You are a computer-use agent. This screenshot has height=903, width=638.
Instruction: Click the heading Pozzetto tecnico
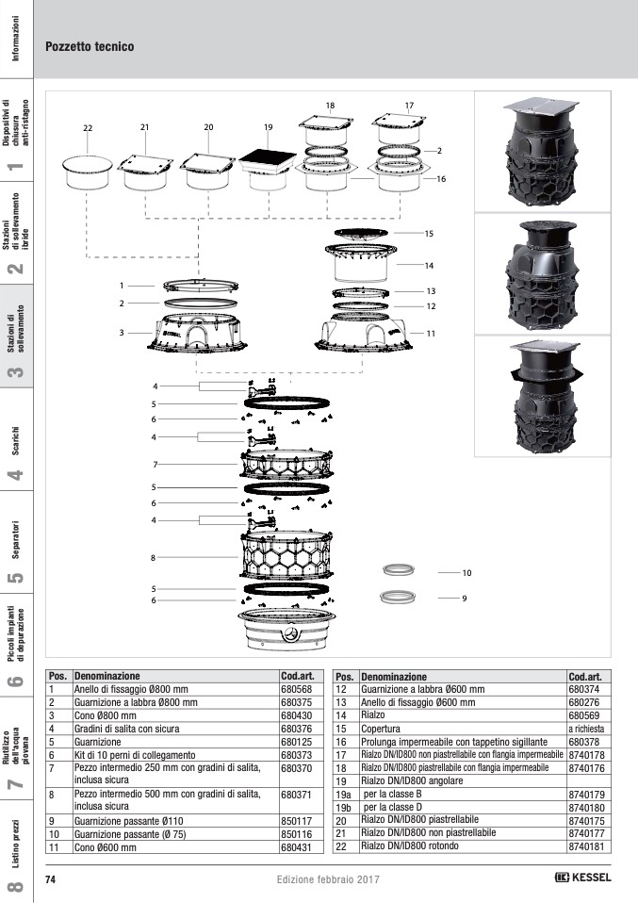(90, 46)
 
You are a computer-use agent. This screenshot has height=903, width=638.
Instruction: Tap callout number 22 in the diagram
(88, 128)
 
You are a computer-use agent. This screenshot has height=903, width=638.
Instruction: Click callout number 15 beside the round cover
(429, 233)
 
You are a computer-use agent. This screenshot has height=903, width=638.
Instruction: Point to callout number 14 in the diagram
(429, 266)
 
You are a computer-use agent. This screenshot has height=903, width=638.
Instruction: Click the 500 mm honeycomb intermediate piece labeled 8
(286, 555)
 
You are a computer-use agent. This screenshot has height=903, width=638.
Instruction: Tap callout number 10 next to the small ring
(466, 573)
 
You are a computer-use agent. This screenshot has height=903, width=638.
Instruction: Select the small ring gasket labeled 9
(399, 597)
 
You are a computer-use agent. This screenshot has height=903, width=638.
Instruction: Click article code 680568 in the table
(296, 689)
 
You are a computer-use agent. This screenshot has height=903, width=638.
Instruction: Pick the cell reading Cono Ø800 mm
(106, 715)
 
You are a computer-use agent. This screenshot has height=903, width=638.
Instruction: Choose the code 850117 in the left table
(296, 821)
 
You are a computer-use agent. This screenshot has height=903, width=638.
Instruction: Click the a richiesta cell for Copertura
(586, 729)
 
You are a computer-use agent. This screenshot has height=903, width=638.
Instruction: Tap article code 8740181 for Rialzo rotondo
(586, 846)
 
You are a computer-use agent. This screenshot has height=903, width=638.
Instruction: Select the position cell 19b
(344, 808)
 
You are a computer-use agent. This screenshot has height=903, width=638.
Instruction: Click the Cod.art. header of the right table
(585, 677)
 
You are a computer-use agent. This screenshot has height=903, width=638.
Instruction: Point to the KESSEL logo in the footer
(582, 878)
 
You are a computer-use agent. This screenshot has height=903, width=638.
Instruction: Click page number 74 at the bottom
(50, 879)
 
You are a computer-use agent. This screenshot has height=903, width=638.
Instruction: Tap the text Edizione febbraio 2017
(328, 879)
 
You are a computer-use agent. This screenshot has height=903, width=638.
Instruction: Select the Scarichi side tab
(16, 440)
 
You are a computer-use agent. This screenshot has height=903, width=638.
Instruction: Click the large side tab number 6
(16, 681)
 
